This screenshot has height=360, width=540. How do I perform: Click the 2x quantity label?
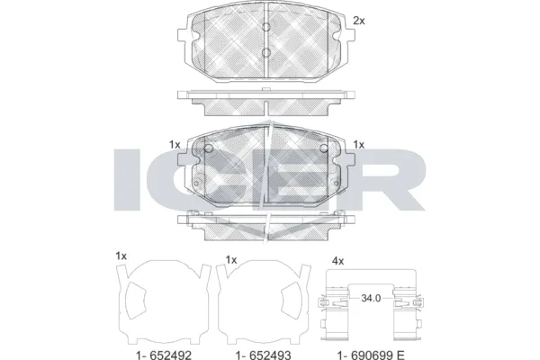coord(358,20)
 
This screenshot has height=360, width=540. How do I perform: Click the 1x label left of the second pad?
coord(175,144)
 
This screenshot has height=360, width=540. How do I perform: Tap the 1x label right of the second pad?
coord(359,144)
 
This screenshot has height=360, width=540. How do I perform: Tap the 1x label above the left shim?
coord(121,256)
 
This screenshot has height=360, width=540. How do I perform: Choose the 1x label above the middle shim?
coord(230,260)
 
